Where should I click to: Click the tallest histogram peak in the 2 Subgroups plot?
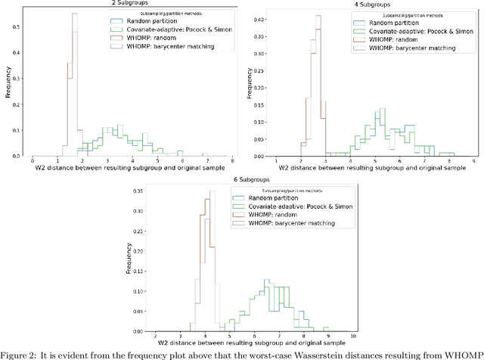[74, 14]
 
